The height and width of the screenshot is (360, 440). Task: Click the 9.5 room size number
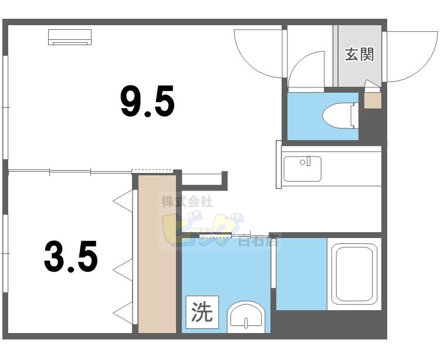pyautogui.click(x=147, y=101)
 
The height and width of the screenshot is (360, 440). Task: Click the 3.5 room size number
pyautogui.click(x=70, y=257)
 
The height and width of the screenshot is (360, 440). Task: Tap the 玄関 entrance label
pyautogui.click(x=359, y=55)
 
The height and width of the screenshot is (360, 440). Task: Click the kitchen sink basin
pyautogui.click(x=302, y=168)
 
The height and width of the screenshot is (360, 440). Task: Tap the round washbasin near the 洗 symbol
pyautogui.click(x=245, y=318)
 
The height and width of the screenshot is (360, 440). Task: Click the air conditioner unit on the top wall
pyautogui.click(x=70, y=36)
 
